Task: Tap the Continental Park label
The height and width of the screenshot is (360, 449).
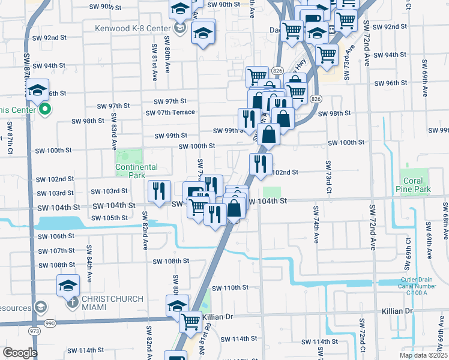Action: (136, 171)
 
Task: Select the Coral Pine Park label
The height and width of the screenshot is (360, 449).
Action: (414, 185)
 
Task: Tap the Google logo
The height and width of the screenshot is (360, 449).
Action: (19, 353)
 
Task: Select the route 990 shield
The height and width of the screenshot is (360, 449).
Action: (49, 323)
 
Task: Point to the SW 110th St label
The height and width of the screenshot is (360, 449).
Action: (230, 288)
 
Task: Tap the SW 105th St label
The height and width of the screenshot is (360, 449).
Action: (112, 217)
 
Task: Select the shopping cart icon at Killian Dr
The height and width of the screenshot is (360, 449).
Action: (191, 320)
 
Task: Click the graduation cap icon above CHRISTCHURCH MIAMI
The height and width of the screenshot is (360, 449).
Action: (68, 284)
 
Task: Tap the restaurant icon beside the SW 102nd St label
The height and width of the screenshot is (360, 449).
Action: (261, 163)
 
